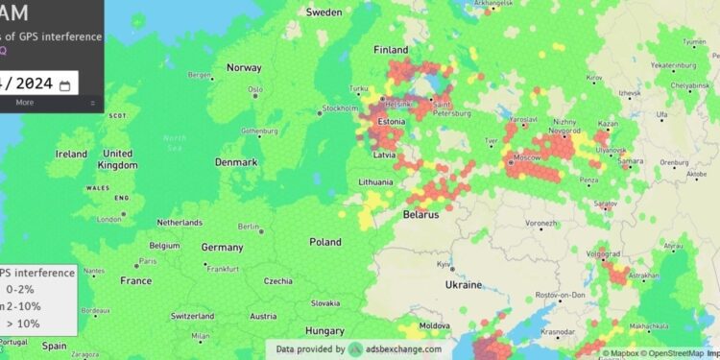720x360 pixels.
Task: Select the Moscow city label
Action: (527, 156)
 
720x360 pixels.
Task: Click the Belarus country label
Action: (420, 214)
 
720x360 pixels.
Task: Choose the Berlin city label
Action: (249, 227)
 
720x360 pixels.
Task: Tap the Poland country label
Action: (324, 243)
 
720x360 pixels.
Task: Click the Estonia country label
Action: (390, 122)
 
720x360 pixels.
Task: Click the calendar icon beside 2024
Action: (65, 85)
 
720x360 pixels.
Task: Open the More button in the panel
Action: (25, 102)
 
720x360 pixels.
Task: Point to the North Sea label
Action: (175, 142)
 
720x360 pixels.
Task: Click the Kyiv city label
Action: (444, 264)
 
